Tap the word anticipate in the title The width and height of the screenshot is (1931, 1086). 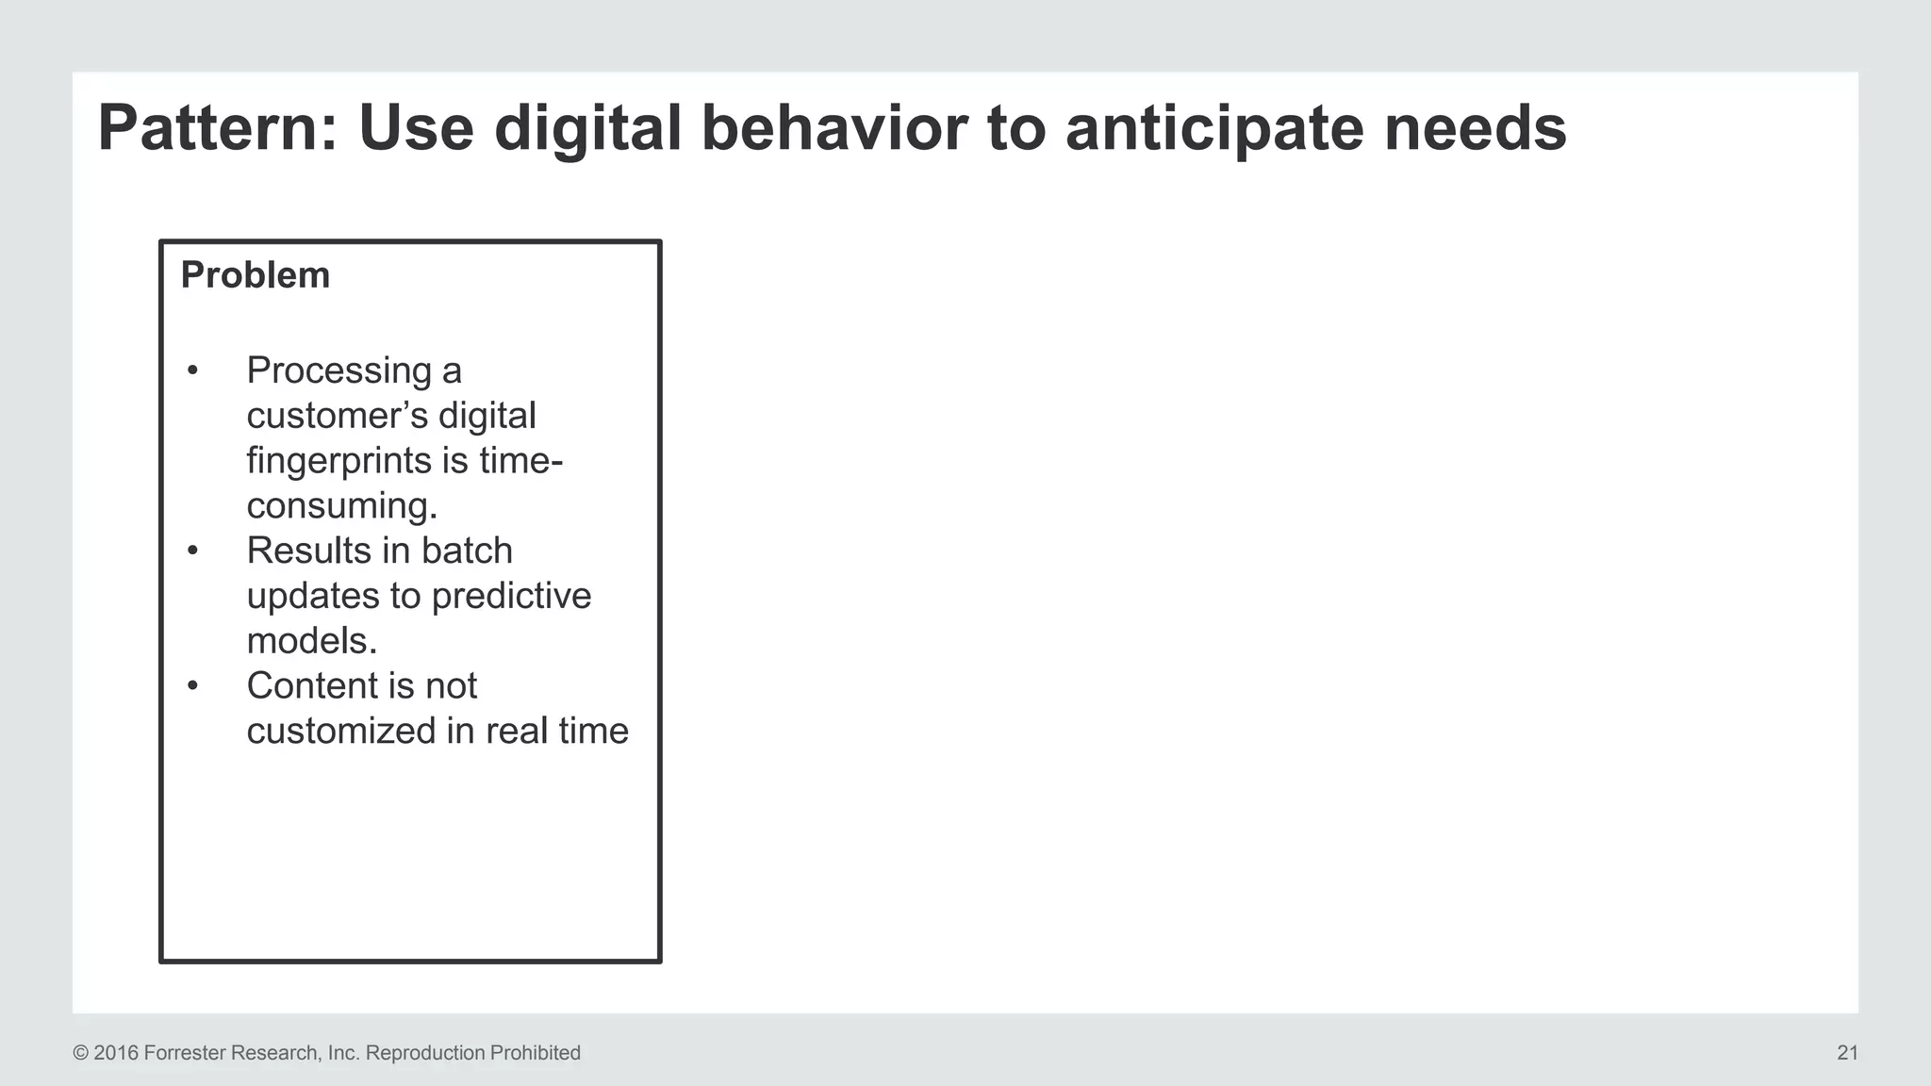[x=1214, y=129]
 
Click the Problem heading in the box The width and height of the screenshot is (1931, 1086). [x=256, y=275]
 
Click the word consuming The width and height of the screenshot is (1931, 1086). [x=341, y=506]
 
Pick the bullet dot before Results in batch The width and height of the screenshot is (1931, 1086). [x=192, y=551]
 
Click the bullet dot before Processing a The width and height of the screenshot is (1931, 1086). [x=192, y=370]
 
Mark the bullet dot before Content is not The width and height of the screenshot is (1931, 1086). [x=192, y=686]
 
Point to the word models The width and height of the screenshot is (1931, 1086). [x=311, y=641]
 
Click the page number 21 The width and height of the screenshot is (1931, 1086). [x=1847, y=1053]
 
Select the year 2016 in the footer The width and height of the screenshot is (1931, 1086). [x=115, y=1053]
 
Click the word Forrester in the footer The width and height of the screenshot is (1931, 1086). [x=184, y=1053]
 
